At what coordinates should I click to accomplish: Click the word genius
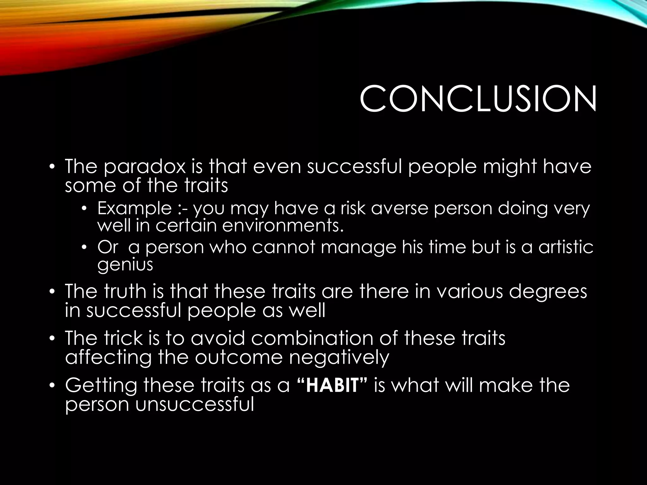(125, 265)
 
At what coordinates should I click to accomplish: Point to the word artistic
(566, 247)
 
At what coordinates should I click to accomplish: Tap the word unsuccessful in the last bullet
(195, 404)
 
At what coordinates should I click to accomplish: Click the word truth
(125, 291)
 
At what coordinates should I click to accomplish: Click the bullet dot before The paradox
(52, 167)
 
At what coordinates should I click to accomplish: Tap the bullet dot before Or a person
(84, 248)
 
